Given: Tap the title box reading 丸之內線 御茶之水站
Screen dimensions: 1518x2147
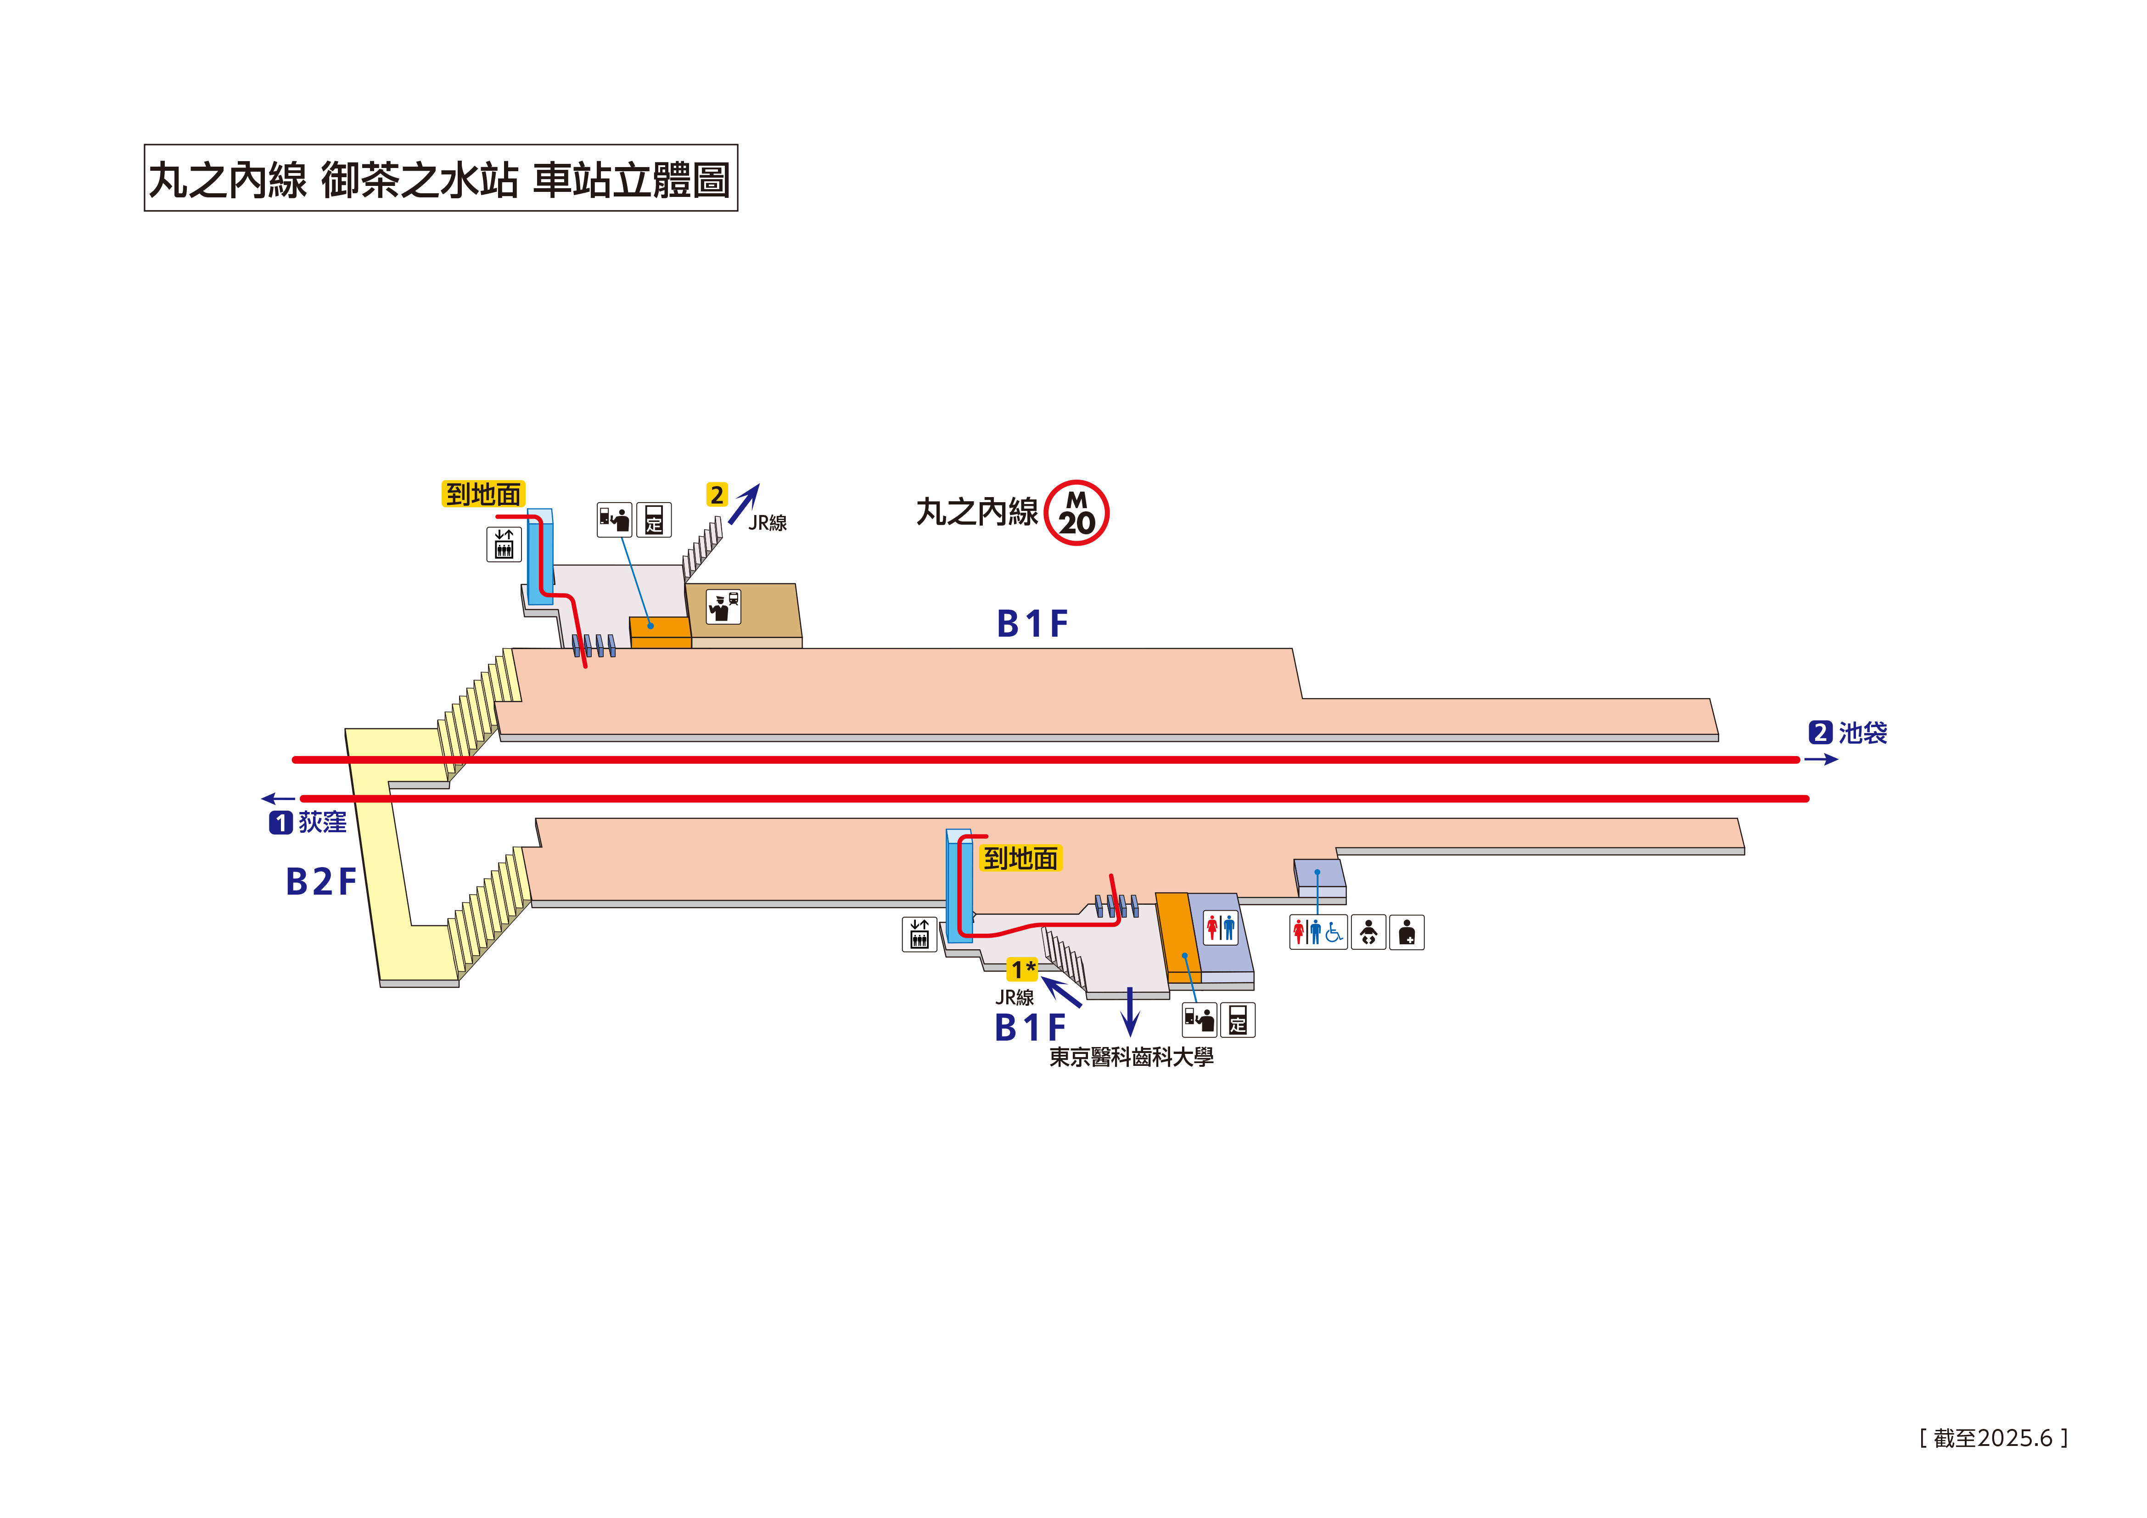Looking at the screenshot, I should click(x=440, y=178).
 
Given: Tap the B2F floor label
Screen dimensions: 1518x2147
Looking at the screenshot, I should click(x=321, y=881).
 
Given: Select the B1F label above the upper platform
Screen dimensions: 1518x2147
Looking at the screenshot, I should click(x=1031, y=624).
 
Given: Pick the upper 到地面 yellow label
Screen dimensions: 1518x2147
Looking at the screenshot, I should click(x=482, y=494).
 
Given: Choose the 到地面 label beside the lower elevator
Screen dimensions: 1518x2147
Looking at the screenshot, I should click(x=1020, y=857).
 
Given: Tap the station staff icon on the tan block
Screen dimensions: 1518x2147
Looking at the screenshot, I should click(x=723, y=607).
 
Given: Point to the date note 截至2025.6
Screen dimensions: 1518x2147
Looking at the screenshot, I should click(x=1993, y=1438).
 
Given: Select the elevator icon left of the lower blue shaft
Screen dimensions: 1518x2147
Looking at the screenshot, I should click(x=919, y=934).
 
